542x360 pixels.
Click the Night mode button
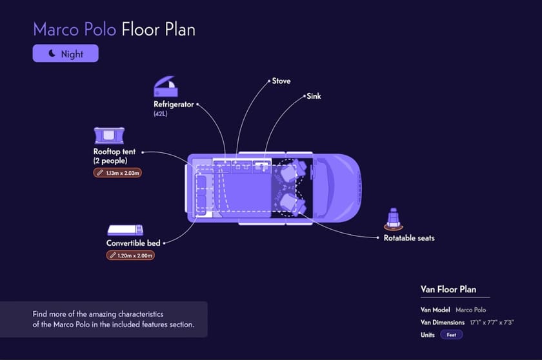tap(66, 54)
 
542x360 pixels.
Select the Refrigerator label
tap(174, 104)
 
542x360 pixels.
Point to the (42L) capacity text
tap(161, 114)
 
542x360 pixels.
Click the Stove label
tap(281, 81)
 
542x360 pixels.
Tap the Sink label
tap(314, 96)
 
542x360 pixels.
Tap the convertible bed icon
tap(125, 230)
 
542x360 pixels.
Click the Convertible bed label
tap(133, 243)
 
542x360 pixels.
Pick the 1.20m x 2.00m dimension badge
tap(130, 255)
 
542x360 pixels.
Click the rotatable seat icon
tap(392, 219)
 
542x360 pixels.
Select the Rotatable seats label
tap(409, 238)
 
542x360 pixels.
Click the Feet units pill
tap(451, 335)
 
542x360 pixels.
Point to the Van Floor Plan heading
tap(448, 290)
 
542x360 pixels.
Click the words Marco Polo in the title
tap(74, 30)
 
